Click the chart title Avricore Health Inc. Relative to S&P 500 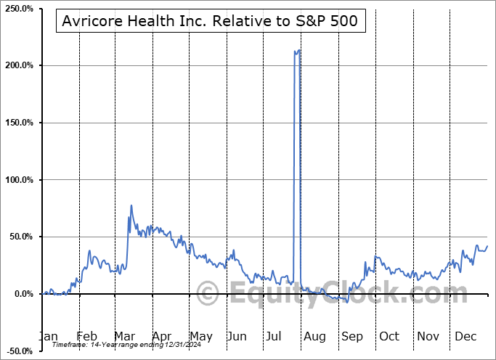point(210,21)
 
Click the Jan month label point(47,336)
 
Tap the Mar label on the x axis point(124,336)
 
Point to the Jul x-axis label point(275,336)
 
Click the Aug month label point(314,336)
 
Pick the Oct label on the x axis point(389,336)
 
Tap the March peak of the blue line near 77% point(131,205)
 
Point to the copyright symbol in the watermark point(208,295)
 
